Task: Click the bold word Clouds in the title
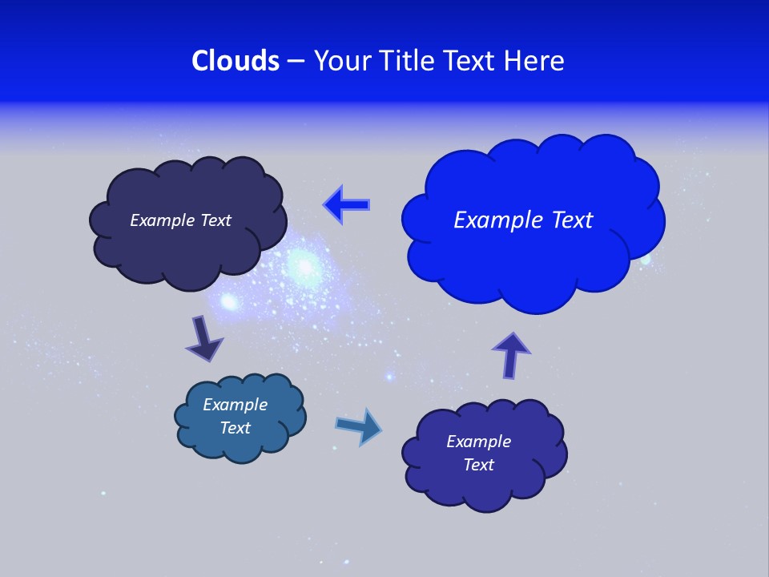click(236, 61)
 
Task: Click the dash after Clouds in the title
click(294, 62)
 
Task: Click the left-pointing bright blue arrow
click(348, 205)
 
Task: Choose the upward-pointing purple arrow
click(511, 355)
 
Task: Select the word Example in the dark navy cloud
click(163, 220)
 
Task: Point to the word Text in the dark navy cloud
click(215, 220)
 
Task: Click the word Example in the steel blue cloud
click(236, 405)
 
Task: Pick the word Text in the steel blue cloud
click(236, 428)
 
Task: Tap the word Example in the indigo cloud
click(479, 442)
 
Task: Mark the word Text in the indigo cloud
click(479, 465)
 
